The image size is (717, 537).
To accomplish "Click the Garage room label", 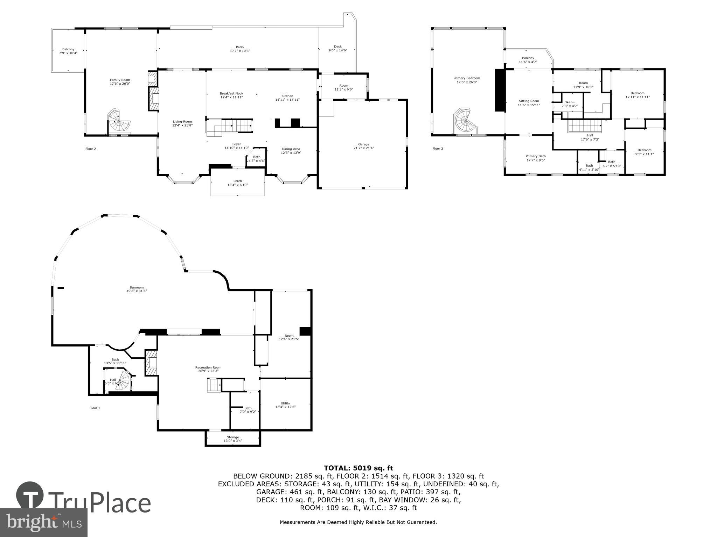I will point(363,144).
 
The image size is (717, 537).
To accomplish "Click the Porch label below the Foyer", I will point(237,181).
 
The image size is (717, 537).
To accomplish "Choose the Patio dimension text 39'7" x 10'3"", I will point(239,51).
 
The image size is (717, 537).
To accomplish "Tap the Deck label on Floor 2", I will point(337,46).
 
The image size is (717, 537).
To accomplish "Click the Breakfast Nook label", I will point(231,93).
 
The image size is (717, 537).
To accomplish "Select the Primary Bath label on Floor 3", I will point(535,156).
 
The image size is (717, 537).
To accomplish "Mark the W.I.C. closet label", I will point(570,102).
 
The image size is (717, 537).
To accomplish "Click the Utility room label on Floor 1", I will point(285,403).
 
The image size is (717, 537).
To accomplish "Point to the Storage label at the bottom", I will point(233,437).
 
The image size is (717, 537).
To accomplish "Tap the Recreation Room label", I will point(208,367).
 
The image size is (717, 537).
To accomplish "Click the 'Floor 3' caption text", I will point(438,149).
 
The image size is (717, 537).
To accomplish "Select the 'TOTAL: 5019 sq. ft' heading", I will point(358,468).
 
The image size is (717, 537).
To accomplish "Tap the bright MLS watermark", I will point(44,523).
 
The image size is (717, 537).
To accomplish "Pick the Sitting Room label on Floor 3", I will point(529,101).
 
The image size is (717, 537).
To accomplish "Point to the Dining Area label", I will point(291,149).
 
